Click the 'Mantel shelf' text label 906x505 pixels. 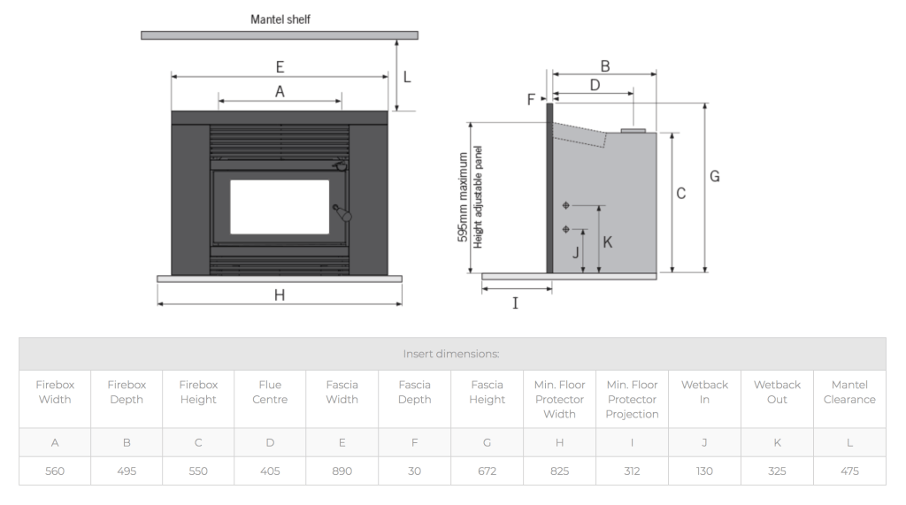pos(280,19)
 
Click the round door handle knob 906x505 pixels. pos(346,215)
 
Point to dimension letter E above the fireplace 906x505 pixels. pos(280,66)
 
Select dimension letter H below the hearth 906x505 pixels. pos(280,295)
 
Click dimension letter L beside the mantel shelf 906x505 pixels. pos(407,77)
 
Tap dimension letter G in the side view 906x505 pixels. pos(715,176)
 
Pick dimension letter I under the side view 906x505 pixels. pos(516,303)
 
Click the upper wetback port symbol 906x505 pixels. pos(566,205)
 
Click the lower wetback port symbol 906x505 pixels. pos(566,230)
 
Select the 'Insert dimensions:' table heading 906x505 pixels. pos(451,354)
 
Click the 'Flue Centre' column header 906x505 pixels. pos(270,392)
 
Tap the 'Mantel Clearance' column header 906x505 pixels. pos(849,392)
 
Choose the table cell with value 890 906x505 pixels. pos(342,471)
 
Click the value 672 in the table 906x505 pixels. pos(487,471)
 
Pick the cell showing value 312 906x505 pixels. pos(632,471)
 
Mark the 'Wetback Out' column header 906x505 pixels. pos(777,392)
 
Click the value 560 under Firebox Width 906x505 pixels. pos(55,471)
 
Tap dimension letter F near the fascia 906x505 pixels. pos(532,100)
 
